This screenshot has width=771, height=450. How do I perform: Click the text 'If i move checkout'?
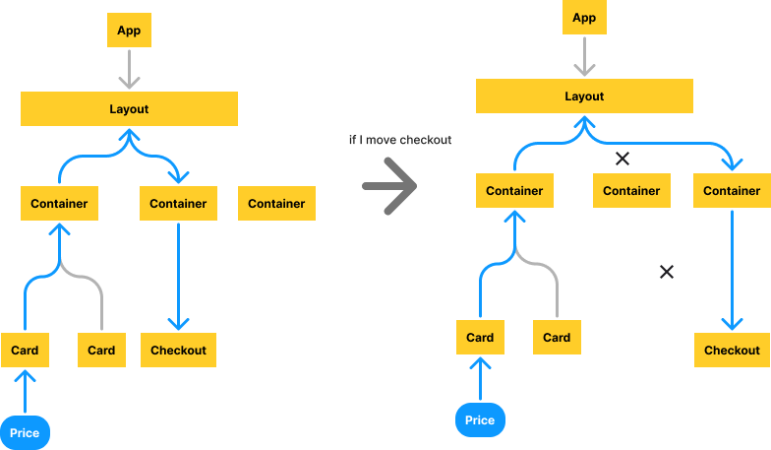[x=399, y=141]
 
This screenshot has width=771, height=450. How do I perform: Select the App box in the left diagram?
[x=129, y=31]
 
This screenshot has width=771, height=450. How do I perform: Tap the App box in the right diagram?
[x=584, y=18]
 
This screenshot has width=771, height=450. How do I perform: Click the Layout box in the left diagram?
[x=129, y=108]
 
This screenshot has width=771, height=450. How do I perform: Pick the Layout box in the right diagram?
[x=584, y=96]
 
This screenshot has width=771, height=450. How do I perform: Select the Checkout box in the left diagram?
[x=178, y=350]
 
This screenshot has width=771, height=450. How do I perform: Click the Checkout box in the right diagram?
[x=732, y=350]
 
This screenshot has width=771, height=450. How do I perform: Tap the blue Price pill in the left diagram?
[x=25, y=432]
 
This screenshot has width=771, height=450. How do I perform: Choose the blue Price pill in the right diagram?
[x=480, y=419]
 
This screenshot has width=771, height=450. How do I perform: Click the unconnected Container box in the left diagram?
[x=276, y=203]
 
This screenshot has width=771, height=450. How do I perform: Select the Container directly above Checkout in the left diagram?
[x=178, y=203]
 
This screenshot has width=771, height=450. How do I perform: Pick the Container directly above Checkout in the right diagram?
[x=732, y=190]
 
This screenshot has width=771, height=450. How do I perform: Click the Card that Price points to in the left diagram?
[x=25, y=350]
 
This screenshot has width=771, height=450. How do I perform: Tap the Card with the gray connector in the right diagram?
[x=557, y=337]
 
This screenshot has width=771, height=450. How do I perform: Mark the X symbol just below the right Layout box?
[x=622, y=158]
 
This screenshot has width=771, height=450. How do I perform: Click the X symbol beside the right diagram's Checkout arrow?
[x=666, y=272]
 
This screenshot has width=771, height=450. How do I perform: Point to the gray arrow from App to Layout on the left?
[x=129, y=69]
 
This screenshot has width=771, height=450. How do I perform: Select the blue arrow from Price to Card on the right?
[x=480, y=378]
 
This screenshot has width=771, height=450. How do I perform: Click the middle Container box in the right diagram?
[x=631, y=190]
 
